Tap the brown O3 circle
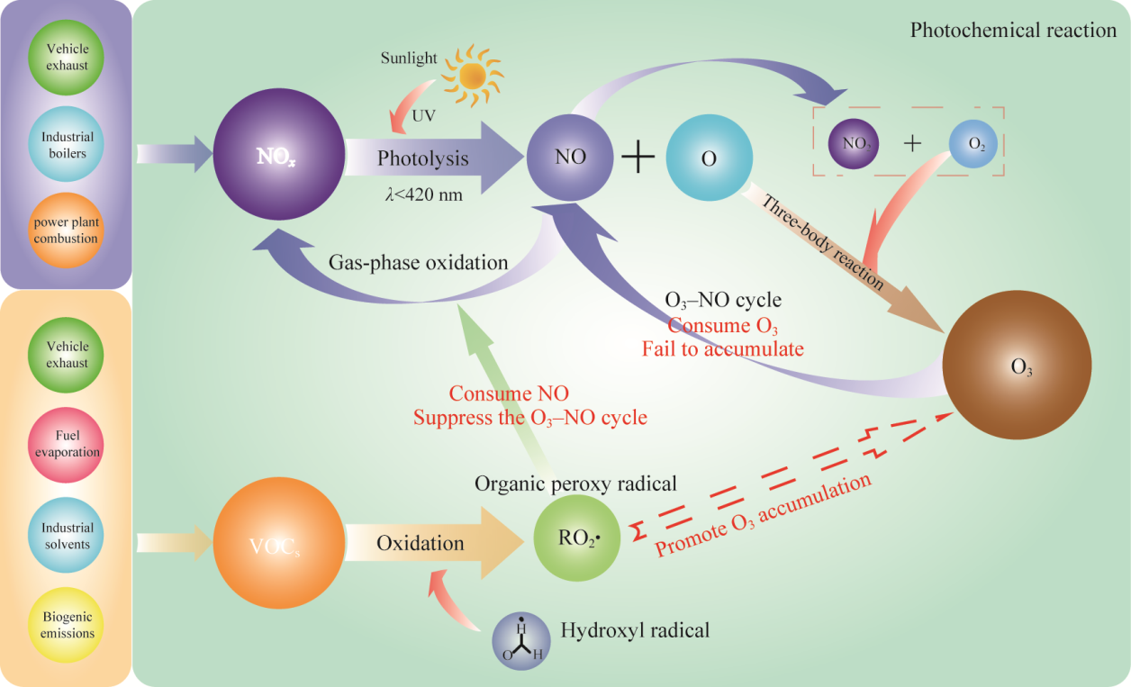[x=1016, y=368]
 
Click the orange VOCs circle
[x=277, y=544]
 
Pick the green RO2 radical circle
[x=575, y=539]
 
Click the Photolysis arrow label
[x=423, y=158]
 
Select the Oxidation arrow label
[x=420, y=543]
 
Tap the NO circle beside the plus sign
[x=571, y=157]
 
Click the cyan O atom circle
[x=709, y=158]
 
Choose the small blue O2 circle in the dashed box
[x=976, y=143]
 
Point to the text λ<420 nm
[x=420, y=193]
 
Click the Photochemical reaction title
[x=1013, y=31]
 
